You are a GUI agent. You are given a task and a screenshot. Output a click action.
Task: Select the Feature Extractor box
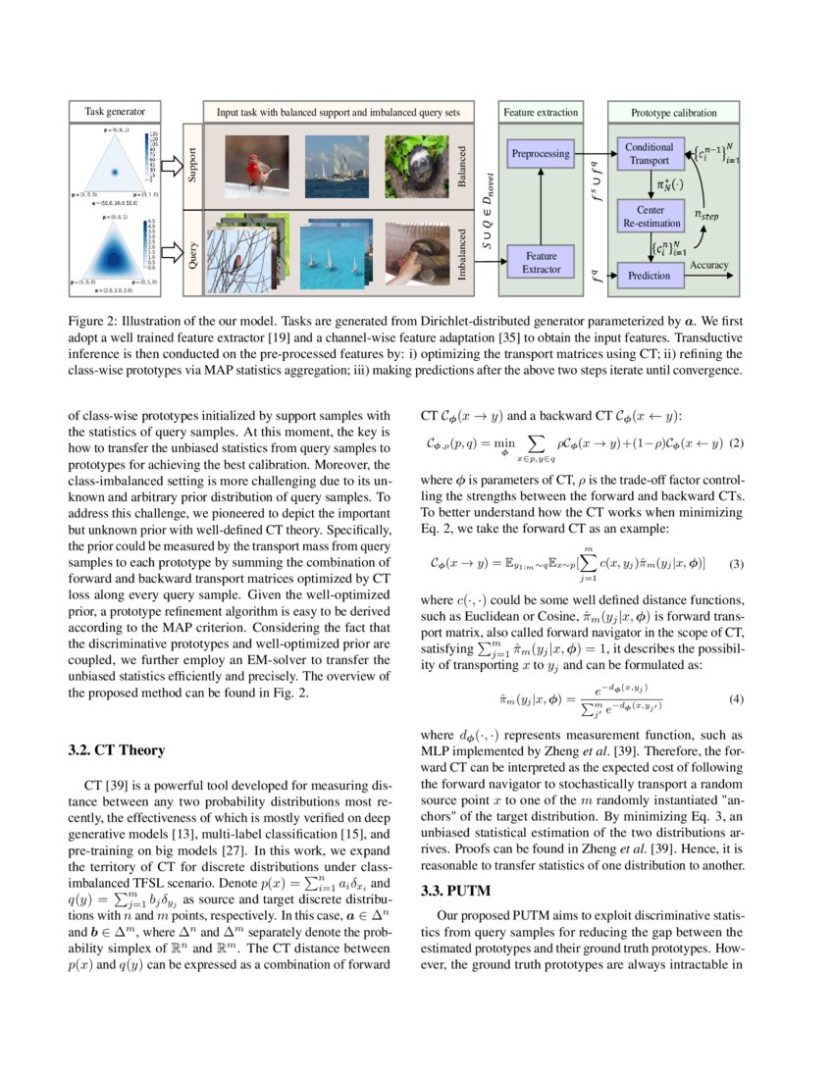pyautogui.click(x=541, y=262)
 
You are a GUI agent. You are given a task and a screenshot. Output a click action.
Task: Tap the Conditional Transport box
pyautogui.click(x=649, y=154)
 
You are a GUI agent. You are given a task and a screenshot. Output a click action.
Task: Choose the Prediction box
pyautogui.click(x=649, y=276)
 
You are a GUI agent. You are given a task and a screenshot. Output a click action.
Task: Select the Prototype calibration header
pyautogui.click(x=673, y=113)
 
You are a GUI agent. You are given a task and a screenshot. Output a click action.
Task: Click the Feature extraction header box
pyautogui.click(x=541, y=113)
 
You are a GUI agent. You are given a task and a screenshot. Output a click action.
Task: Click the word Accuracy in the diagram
pyautogui.click(x=709, y=265)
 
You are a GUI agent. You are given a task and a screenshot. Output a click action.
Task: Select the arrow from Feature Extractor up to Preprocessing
pyautogui.click(x=541, y=206)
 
